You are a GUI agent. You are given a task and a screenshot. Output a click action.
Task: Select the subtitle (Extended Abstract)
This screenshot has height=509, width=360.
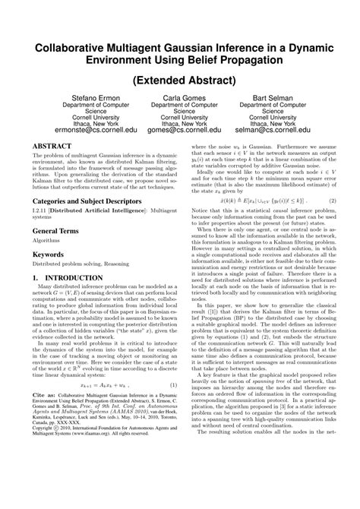180,80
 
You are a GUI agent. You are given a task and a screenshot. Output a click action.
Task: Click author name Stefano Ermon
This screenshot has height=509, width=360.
67,99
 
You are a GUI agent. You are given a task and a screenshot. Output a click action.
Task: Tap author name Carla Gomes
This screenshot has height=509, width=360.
180,99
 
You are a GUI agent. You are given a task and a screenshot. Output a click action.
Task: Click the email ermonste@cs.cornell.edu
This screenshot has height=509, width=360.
67,130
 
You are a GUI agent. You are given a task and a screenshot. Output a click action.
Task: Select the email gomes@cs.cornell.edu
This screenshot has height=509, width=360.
180,130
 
